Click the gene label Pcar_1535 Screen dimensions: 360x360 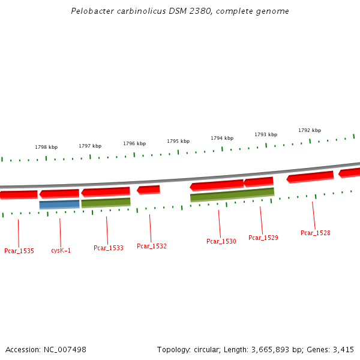(x=19, y=251)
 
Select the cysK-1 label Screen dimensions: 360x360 (x=61, y=251)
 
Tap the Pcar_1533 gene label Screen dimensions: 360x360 (x=109, y=248)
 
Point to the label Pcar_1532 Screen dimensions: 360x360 (x=152, y=246)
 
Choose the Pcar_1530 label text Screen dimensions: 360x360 (x=221, y=241)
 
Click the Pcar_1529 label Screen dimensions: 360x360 (x=263, y=238)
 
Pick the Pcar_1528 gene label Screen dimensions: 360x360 (x=316, y=233)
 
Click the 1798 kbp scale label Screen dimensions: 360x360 (x=46, y=147)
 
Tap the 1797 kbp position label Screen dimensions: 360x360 (x=90, y=146)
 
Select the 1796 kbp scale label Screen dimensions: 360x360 (x=134, y=144)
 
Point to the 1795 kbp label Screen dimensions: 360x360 (x=178, y=142)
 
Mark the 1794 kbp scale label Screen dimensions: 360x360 (x=222, y=139)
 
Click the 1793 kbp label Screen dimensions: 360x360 (x=266, y=135)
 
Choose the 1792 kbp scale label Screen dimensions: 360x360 (x=310, y=130)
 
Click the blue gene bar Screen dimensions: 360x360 (x=59, y=205)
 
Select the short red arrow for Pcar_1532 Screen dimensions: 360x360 (x=149, y=190)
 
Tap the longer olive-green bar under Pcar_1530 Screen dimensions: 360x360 (x=232, y=195)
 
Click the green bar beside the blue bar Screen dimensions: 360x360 (x=106, y=202)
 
